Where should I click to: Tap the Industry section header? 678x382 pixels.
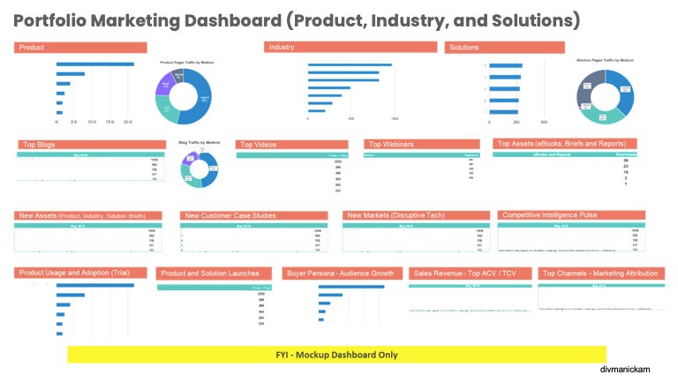[x=350, y=48]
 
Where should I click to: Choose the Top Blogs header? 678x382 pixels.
[x=91, y=144]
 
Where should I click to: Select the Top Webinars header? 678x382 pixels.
[x=421, y=144]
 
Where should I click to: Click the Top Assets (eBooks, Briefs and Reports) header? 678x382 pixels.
[x=564, y=144]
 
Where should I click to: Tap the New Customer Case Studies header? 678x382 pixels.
[x=255, y=215]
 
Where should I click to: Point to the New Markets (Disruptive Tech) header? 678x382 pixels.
[x=416, y=215]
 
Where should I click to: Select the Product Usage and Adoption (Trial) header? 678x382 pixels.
[x=81, y=273]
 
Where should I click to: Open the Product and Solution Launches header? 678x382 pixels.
[x=215, y=274]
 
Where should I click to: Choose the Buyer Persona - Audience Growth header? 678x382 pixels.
[x=341, y=274]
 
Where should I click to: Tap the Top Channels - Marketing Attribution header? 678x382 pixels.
[x=600, y=274]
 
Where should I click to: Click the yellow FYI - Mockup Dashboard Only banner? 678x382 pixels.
[x=336, y=355]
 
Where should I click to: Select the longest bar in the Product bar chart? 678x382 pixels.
[x=95, y=64]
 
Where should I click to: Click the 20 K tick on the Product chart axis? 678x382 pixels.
[x=128, y=122]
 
